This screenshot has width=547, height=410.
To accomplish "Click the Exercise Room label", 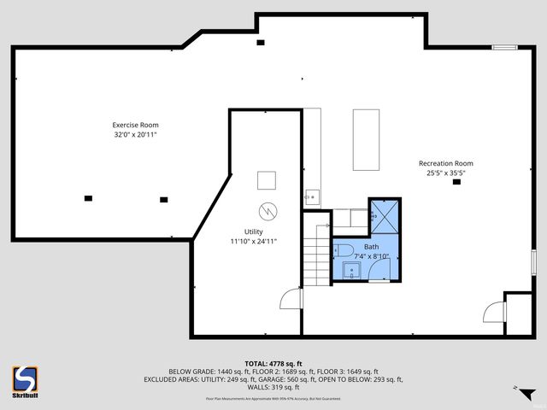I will coord(136,125).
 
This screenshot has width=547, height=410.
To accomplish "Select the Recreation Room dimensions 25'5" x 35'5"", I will coord(445,173).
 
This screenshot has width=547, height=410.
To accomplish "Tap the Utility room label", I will coord(254,231).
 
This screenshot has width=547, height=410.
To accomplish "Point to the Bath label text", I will coord(371,246).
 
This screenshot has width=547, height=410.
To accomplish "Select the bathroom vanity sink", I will coord(351,272).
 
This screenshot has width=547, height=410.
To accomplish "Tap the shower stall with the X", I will coord(383,215).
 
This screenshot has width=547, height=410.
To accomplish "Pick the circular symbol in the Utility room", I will coord(268,209).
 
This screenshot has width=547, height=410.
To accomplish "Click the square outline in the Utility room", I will coord(267,180).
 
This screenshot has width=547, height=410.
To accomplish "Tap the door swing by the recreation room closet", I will coord(494,312).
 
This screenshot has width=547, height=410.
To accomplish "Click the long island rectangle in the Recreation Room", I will coord(366,139).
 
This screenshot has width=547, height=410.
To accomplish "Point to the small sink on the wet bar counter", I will coord(311,197).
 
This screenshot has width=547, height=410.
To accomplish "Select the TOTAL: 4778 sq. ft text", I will coord(273,363).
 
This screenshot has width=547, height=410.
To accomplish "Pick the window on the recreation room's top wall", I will coord(504,47).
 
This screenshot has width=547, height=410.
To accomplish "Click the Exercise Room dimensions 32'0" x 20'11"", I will coord(136,134).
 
